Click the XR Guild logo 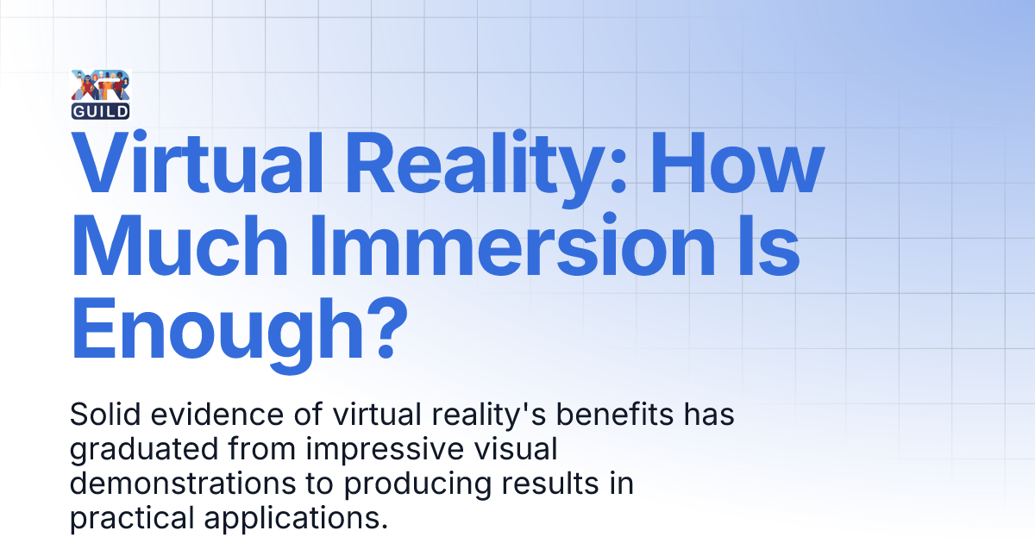coord(102,93)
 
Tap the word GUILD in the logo coord(102,110)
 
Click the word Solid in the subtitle coord(101,415)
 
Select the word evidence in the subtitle coord(193,415)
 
